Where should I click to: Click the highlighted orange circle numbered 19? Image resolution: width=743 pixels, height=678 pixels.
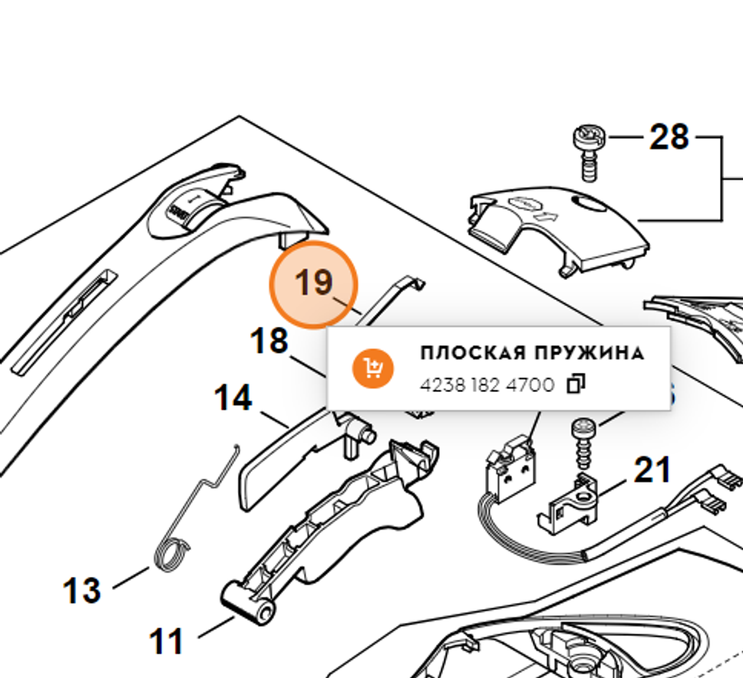pos(314,284)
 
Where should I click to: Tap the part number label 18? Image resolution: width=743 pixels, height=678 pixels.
pos(269,342)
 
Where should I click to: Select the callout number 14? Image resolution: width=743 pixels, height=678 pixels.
pos(233,399)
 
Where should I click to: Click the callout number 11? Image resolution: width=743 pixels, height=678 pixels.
pos(167,641)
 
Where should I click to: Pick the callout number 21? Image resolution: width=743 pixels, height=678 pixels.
pos(652,470)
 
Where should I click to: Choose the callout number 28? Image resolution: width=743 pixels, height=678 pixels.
pos(669,137)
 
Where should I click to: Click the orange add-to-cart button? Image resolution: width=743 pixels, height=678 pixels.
pos(372,368)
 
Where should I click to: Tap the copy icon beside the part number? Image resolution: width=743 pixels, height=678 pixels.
pos(576,385)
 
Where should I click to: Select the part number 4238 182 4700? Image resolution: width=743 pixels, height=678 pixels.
pos(487,385)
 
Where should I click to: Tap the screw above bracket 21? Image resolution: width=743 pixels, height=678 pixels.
pos(583,442)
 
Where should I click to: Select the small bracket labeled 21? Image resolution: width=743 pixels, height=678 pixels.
pos(571,504)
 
